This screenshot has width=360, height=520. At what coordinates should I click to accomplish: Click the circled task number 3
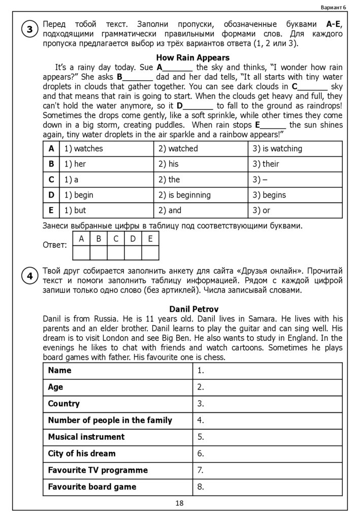pyautogui.click(x=29, y=29)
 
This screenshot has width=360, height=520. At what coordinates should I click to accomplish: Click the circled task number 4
pyautogui.click(x=29, y=276)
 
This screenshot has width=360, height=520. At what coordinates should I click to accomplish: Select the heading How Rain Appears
pyautogui.click(x=192, y=57)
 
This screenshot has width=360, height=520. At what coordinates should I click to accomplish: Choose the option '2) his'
pyautogui.click(x=169, y=164)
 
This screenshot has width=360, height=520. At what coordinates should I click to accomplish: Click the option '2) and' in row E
pyautogui.click(x=170, y=210)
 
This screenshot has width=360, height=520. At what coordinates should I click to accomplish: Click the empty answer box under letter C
pyautogui.click(x=116, y=252)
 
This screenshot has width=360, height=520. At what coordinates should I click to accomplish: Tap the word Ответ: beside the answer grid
pyautogui.click(x=55, y=245)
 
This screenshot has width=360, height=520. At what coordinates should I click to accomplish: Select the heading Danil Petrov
pyautogui.click(x=193, y=309)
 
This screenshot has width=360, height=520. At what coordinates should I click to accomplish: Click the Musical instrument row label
pyautogui.click(x=86, y=437)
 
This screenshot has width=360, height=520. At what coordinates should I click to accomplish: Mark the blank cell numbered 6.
pyautogui.click(x=267, y=453)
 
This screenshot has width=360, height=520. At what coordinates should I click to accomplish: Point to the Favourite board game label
pyautogui.click(x=92, y=486)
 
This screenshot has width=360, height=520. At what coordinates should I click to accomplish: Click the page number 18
pyautogui.click(x=179, y=503)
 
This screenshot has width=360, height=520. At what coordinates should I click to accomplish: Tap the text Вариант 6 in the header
pyautogui.click(x=333, y=7)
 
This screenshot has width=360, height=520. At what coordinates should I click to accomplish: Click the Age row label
pyautogui.click(x=55, y=387)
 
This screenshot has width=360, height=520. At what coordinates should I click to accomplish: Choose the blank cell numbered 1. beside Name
pyautogui.click(x=267, y=371)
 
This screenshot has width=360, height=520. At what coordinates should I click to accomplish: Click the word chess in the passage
pyautogui.click(x=214, y=357)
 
